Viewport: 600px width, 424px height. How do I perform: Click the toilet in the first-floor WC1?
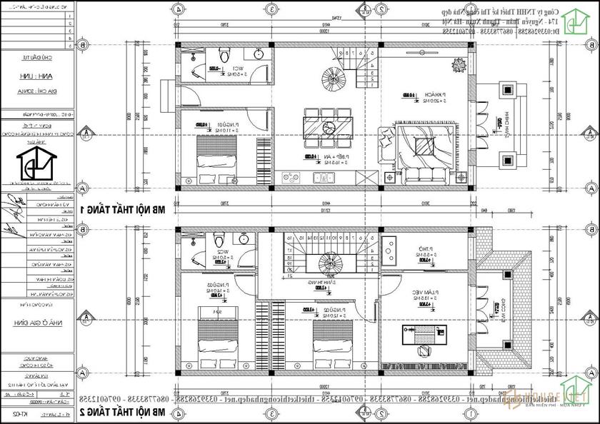(x=224, y=56)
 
